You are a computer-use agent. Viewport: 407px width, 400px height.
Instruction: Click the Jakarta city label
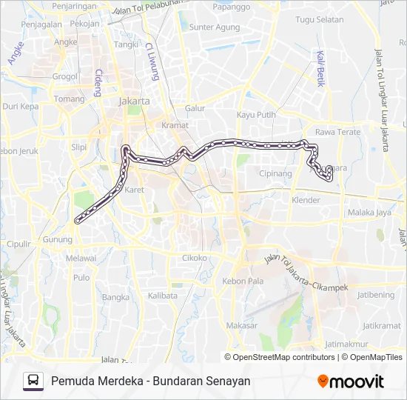coord(135,101)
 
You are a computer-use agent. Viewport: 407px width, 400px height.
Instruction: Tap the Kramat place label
coord(175,125)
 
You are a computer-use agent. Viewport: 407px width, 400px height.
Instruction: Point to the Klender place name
coord(306,200)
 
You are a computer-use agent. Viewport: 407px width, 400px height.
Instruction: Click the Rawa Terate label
coord(337,132)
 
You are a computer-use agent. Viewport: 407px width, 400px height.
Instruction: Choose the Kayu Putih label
coord(256,115)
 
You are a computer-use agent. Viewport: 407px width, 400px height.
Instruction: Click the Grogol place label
coord(65,76)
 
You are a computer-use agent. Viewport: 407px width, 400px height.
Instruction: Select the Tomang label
coord(70,99)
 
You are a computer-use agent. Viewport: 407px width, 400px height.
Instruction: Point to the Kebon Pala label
coord(243,281)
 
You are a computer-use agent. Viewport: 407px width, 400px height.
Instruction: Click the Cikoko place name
coord(195,258)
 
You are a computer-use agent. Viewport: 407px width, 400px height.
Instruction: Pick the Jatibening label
coord(377,295)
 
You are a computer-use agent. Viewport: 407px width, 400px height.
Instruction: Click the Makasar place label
coord(242,325)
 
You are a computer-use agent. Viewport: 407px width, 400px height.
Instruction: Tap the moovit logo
coord(351,381)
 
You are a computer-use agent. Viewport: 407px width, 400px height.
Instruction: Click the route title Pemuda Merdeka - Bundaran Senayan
coord(151,381)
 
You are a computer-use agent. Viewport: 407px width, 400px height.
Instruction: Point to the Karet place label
coord(135,190)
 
